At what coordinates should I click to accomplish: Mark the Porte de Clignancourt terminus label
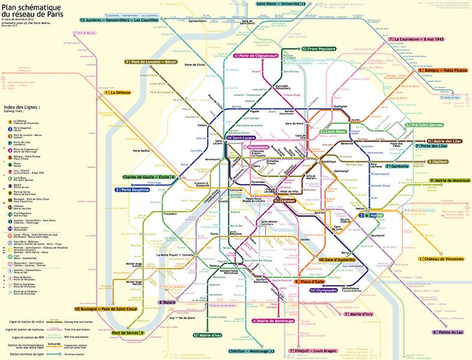[260, 55]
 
